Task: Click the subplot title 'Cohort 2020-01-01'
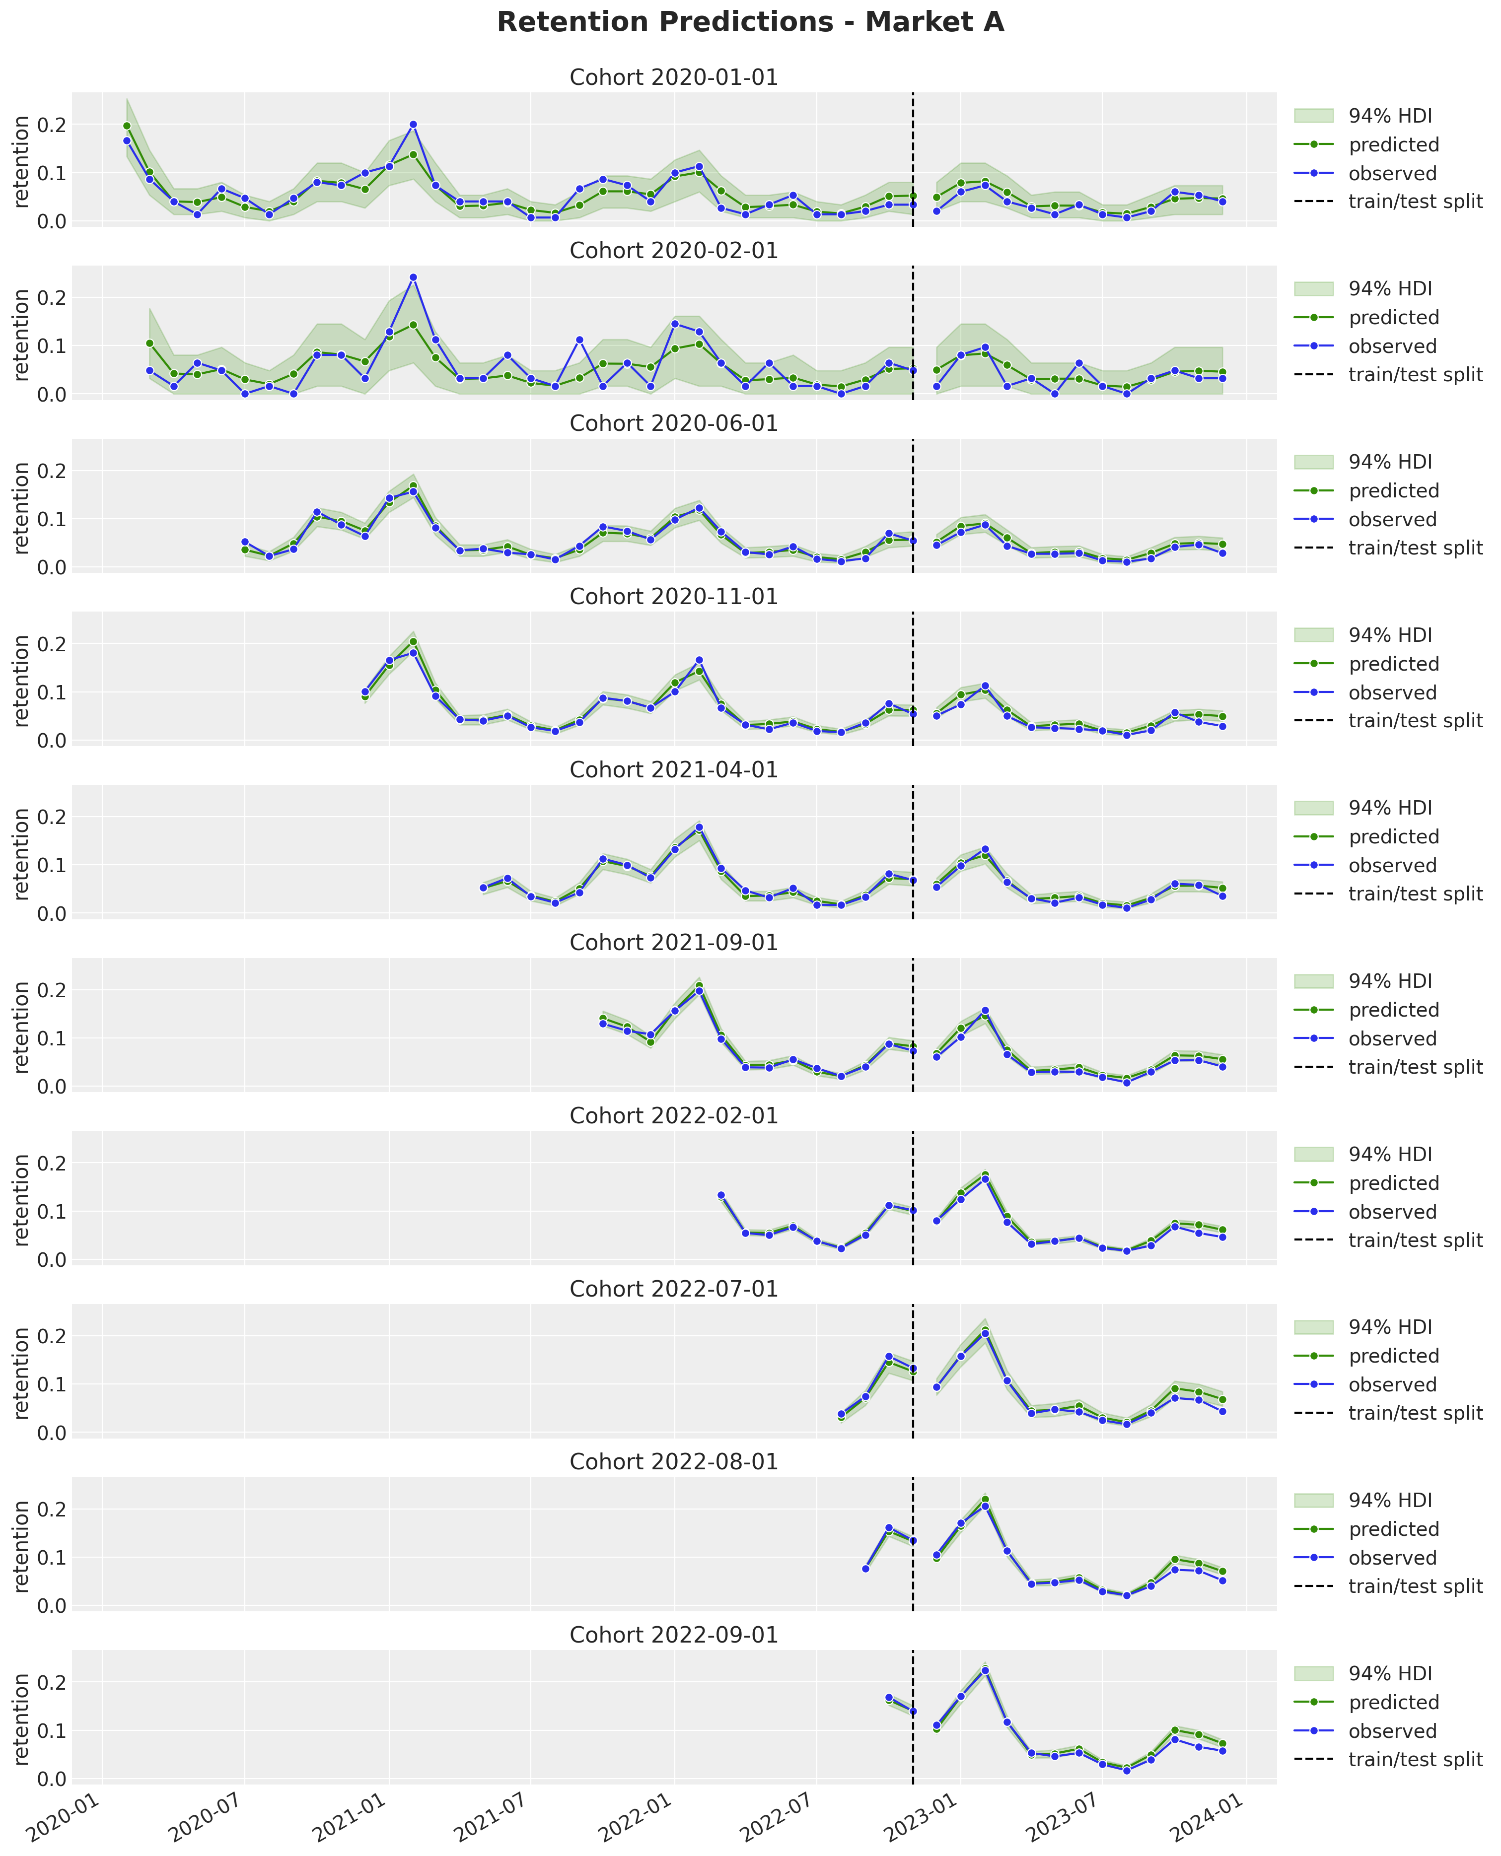tap(674, 78)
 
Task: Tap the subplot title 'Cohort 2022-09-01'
tap(674, 1635)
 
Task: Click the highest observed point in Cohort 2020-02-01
tap(413, 277)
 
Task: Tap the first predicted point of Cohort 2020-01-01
tap(126, 126)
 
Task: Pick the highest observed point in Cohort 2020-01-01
tap(413, 125)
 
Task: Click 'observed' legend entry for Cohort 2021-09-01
tap(1392, 1039)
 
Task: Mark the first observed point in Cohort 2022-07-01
tap(841, 1414)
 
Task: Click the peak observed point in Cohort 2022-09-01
tap(985, 1671)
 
